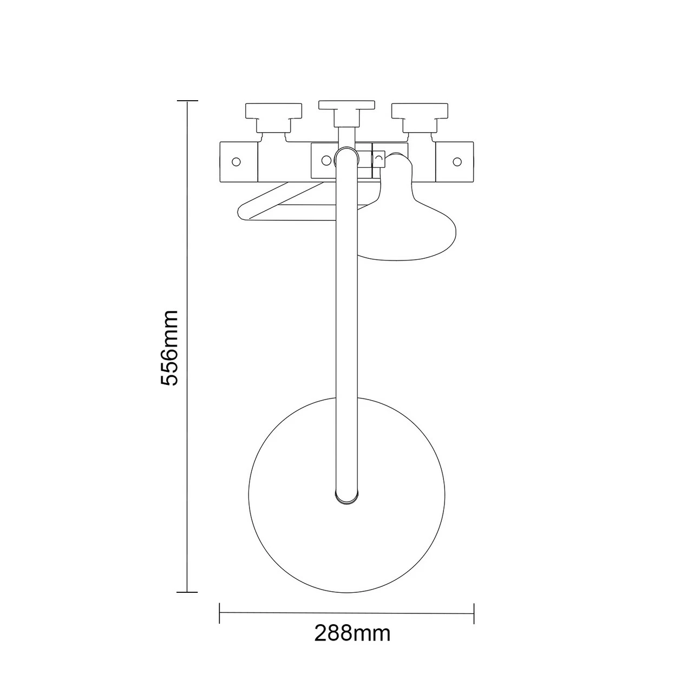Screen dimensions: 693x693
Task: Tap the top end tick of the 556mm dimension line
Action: coord(187,101)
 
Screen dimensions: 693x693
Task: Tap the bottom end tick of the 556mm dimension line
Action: coord(187,592)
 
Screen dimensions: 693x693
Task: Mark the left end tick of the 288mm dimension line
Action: coord(220,613)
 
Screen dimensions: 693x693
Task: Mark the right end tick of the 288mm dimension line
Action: coord(474,613)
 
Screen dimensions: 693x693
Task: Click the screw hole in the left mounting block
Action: coord(236,161)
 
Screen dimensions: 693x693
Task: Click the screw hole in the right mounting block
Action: coord(457,161)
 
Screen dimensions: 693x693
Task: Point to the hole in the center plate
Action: coord(326,160)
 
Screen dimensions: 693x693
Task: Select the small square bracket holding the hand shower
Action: coord(378,159)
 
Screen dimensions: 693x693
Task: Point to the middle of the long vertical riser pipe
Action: coord(346,325)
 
